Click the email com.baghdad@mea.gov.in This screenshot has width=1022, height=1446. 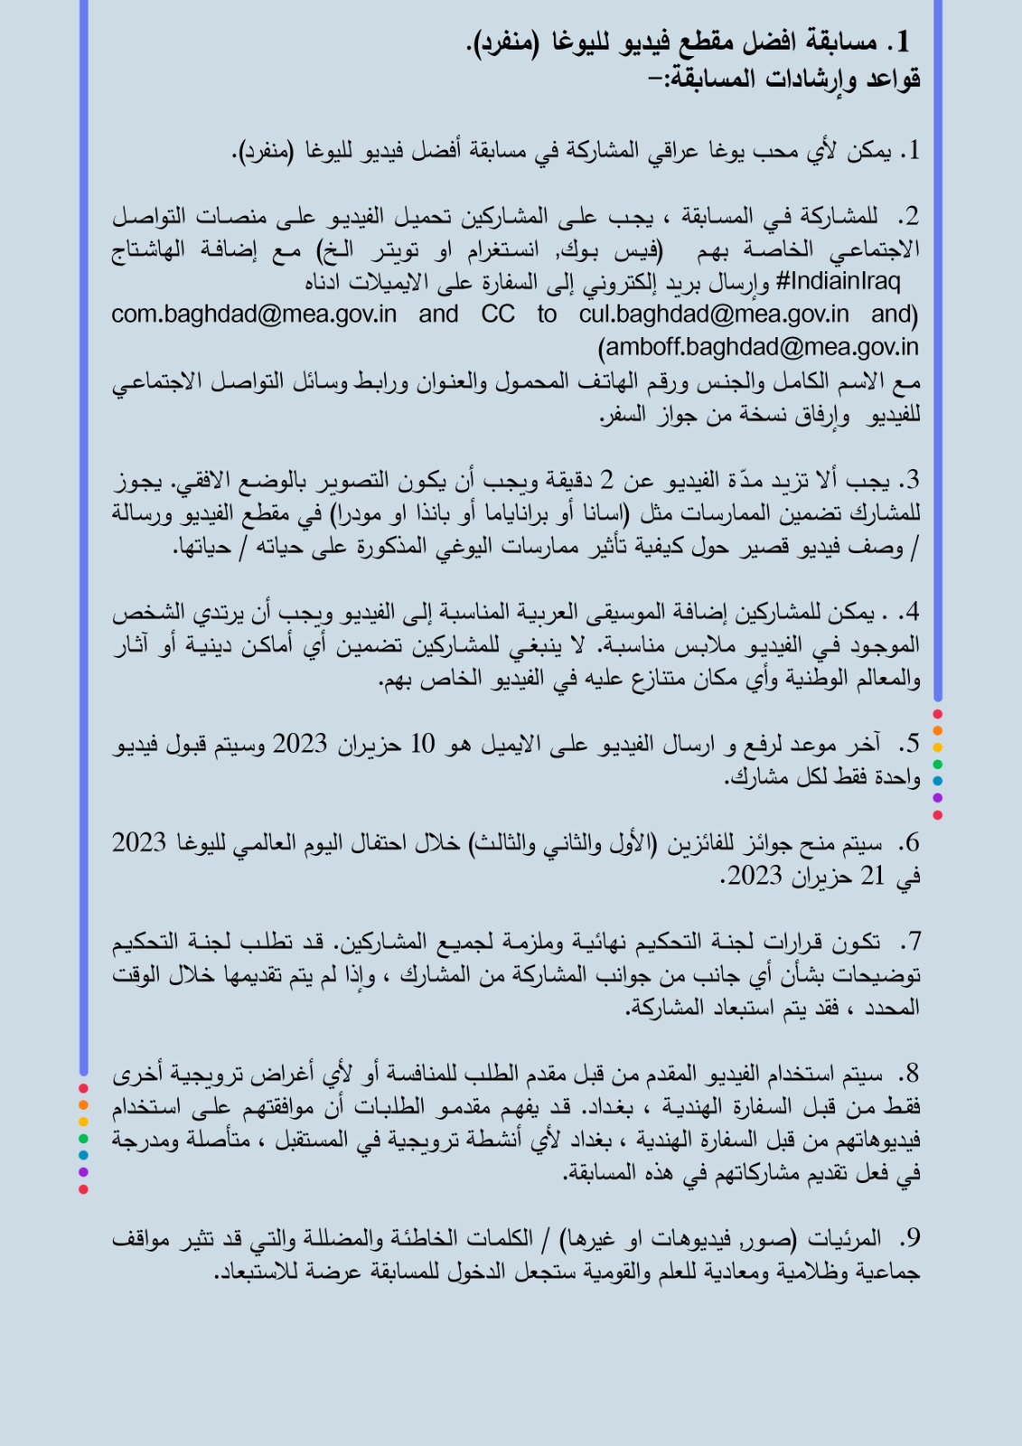[x=254, y=315]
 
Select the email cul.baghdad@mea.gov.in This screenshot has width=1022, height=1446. [x=714, y=315]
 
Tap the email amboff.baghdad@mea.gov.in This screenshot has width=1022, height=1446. [x=762, y=348]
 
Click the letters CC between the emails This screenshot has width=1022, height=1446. [x=498, y=315]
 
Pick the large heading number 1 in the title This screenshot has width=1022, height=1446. [x=902, y=42]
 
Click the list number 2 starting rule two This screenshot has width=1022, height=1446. [x=909, y=217]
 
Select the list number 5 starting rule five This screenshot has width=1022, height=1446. [x=909, y=745]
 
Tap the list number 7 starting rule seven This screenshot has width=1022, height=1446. [x=911, y=942]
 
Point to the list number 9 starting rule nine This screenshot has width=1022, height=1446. [x=910, y=1238]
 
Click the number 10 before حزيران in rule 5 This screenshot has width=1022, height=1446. [x=422, y=745]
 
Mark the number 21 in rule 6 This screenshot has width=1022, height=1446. [x=873, y=876]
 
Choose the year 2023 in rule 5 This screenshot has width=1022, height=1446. [x=299, y=745]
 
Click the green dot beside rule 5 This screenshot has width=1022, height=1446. [x=937, y=765]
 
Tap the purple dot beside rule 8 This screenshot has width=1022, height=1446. [x=83, y=1172]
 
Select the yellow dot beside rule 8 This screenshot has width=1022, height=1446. [x=83, y=1122]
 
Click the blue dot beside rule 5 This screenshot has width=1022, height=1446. [x=937, y=781]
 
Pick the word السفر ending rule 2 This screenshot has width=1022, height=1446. [x=624, y=415]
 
